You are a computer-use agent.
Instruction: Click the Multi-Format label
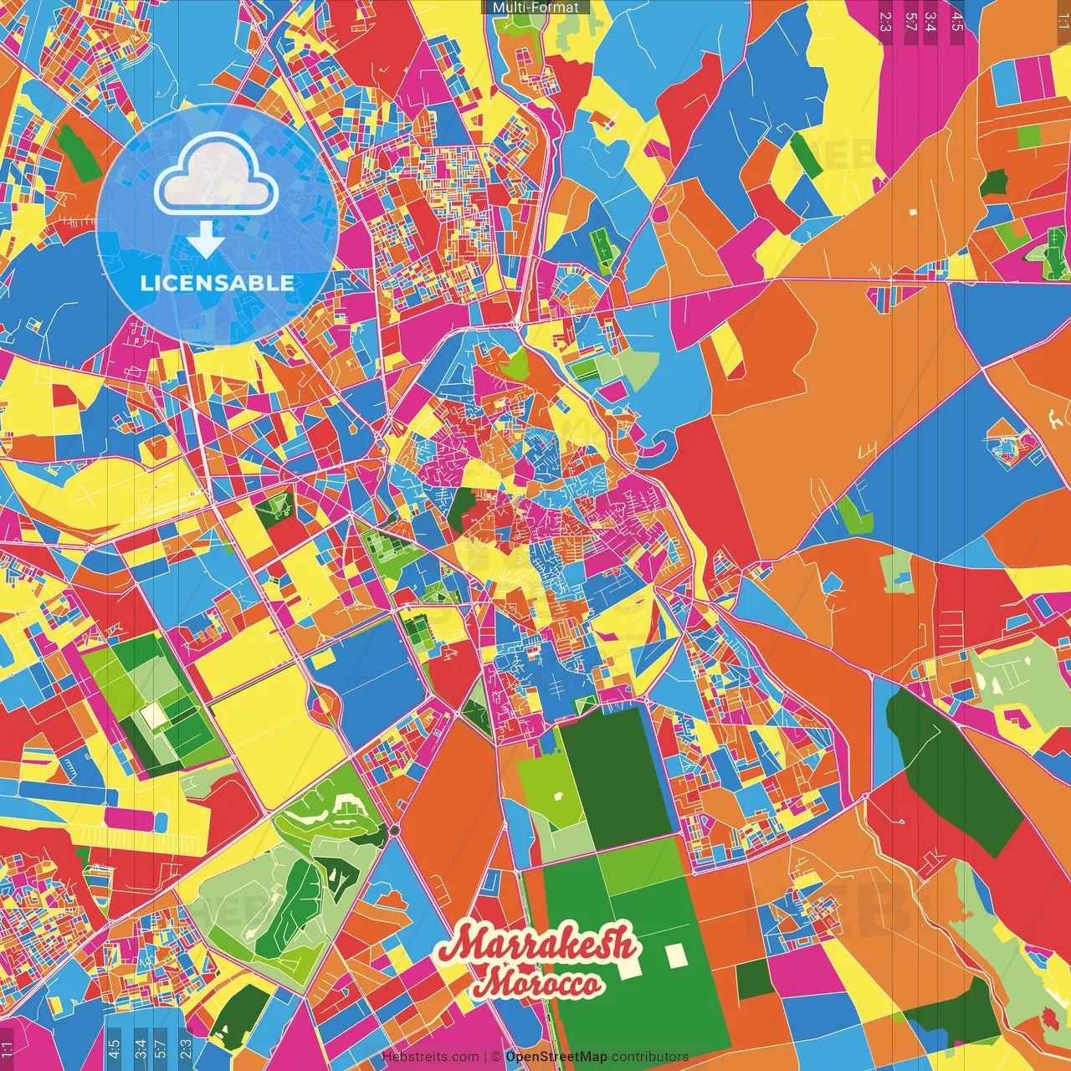[x=535, y=8]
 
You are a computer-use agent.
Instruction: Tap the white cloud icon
[x=217, y=176]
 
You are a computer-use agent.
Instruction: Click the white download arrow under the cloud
[x=205, y=240]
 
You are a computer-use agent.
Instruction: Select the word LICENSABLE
[x=218, y=283]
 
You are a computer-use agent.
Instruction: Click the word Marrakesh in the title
[x=540, y=945]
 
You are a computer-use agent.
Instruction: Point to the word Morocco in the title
[x=537, y=983]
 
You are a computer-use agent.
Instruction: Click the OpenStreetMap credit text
[x=556, y=1057]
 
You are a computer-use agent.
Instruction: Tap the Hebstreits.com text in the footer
[x=430, y=1057]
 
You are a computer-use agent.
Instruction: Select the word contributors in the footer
[x=650, y=1057]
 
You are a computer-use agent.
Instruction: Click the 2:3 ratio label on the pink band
[x=885, y=21]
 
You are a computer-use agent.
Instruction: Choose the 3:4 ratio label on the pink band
[x=930, y=21]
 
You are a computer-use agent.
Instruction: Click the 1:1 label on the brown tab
[x=1062, y=17]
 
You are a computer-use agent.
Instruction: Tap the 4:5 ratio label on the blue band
[x=114, y=1048]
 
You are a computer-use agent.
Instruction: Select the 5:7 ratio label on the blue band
[x=161, y=1048]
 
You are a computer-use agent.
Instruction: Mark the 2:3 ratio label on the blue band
[x=186, y=1048]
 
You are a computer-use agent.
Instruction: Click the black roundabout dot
[x=393, y=830]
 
